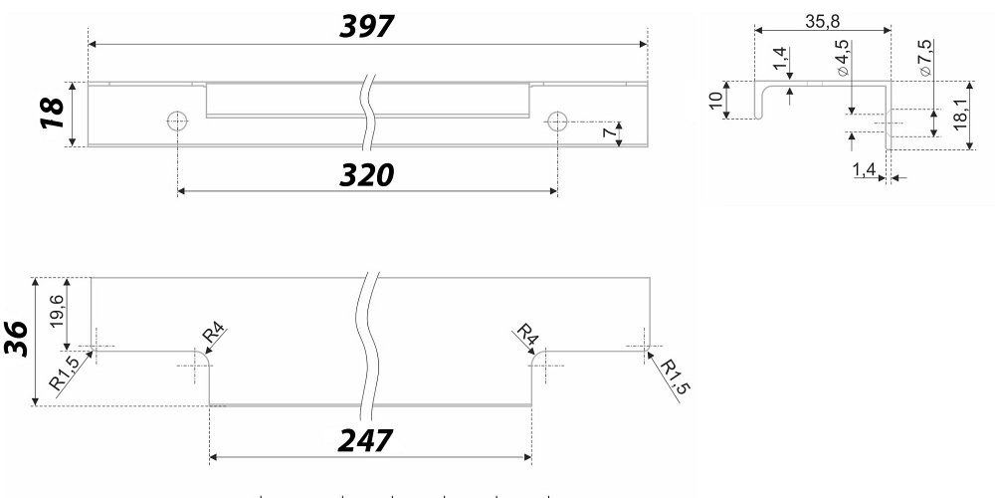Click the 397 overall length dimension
click(x=367, y=27)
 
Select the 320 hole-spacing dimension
click(x=367, y=175)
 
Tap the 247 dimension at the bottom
click(x=365, y=440)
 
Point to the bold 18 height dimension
click(x=53, y=114)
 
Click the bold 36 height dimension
click(x=17, y=338)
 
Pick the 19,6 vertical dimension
click(x=57, y=311)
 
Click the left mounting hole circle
click(x=178, y=121)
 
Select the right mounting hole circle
click(x=557, y=121)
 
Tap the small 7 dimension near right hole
click(x=610, y=133)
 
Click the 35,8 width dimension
click(x=823, y=21)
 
